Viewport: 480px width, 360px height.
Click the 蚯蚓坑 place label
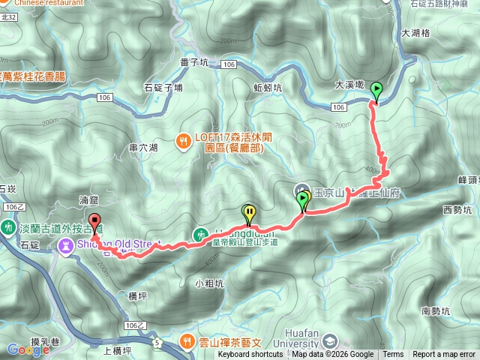[x=268, y=88]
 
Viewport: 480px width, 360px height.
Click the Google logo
[x=28, y=349]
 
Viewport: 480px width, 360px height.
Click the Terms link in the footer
[x=393, y=355]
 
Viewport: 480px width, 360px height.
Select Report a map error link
[x=445, y=355]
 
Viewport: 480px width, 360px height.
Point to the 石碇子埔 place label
[x=163, y=88]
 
